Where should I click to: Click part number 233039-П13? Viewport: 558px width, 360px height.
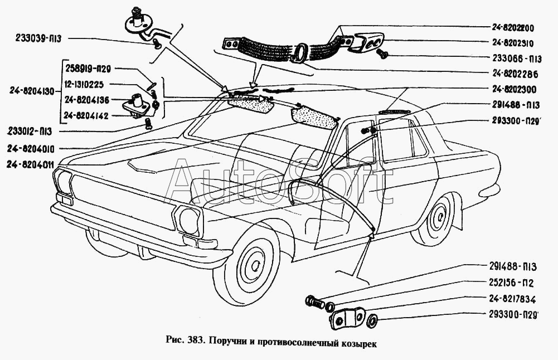[x=38, y=39]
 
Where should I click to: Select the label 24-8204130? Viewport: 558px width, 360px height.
[x=32, y=91]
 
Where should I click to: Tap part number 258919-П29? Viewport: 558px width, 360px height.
[x=88, y=69]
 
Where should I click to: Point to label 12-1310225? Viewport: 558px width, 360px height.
[x=84, y=85]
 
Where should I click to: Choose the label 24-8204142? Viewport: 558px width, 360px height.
[x=86, y=116]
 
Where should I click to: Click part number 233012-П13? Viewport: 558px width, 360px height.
[x=30, y=132]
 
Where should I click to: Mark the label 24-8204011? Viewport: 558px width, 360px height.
[x=30, y=164]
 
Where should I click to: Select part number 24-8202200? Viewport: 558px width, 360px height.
[x=513, y=28]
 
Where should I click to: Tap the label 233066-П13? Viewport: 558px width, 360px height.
[x=517, y=59]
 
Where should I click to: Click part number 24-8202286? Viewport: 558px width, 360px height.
[x=515, y=74]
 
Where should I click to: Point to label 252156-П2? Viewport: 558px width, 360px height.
[x=511, y=283]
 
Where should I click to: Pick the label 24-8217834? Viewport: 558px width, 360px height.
[x=512, y=299]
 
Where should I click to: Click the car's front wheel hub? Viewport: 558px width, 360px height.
[x=255, y=265]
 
